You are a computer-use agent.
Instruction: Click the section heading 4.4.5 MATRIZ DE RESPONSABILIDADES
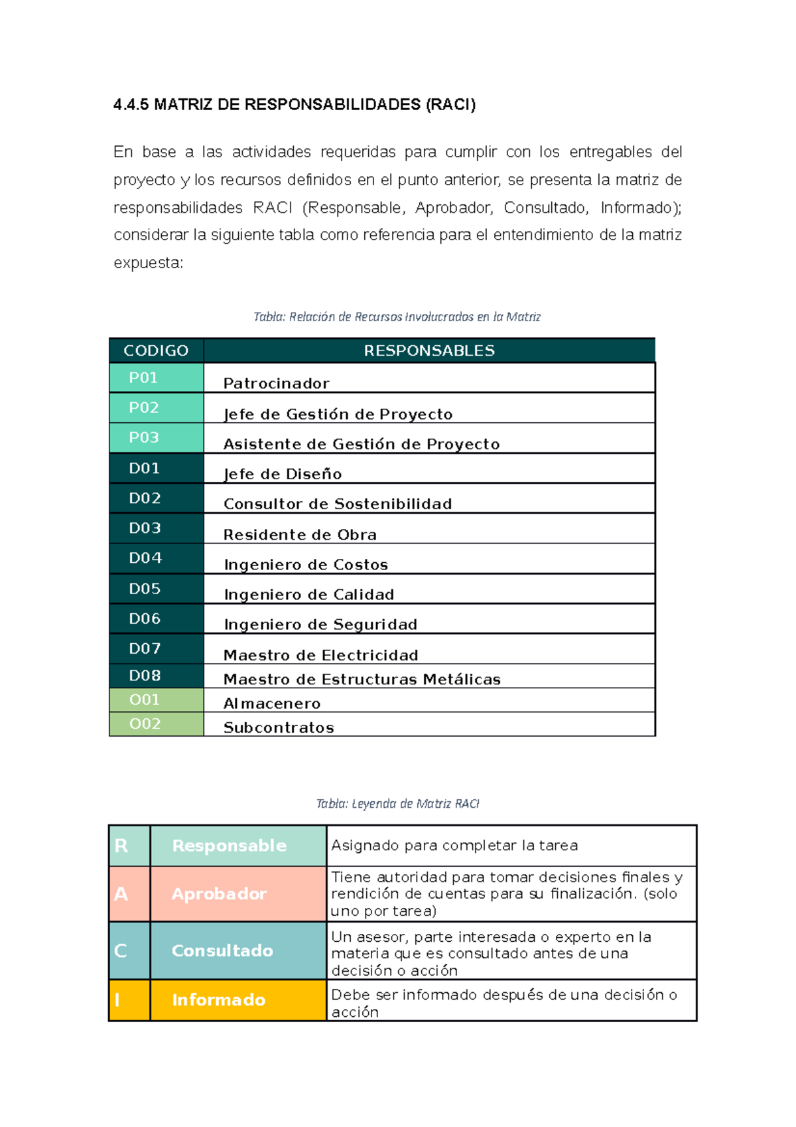pos(295,105)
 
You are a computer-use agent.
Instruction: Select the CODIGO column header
pos(156,350)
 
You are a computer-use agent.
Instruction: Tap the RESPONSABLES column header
pos(429,350)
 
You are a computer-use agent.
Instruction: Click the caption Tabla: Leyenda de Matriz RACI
pos(397,804)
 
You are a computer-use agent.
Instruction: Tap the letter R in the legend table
pos(121,846)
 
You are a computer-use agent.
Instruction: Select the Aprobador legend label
pos(219,894)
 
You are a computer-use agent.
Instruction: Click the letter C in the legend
pos(120,950)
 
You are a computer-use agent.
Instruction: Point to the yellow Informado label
pos(218,1000)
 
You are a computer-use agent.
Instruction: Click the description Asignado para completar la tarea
pos(454,846)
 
